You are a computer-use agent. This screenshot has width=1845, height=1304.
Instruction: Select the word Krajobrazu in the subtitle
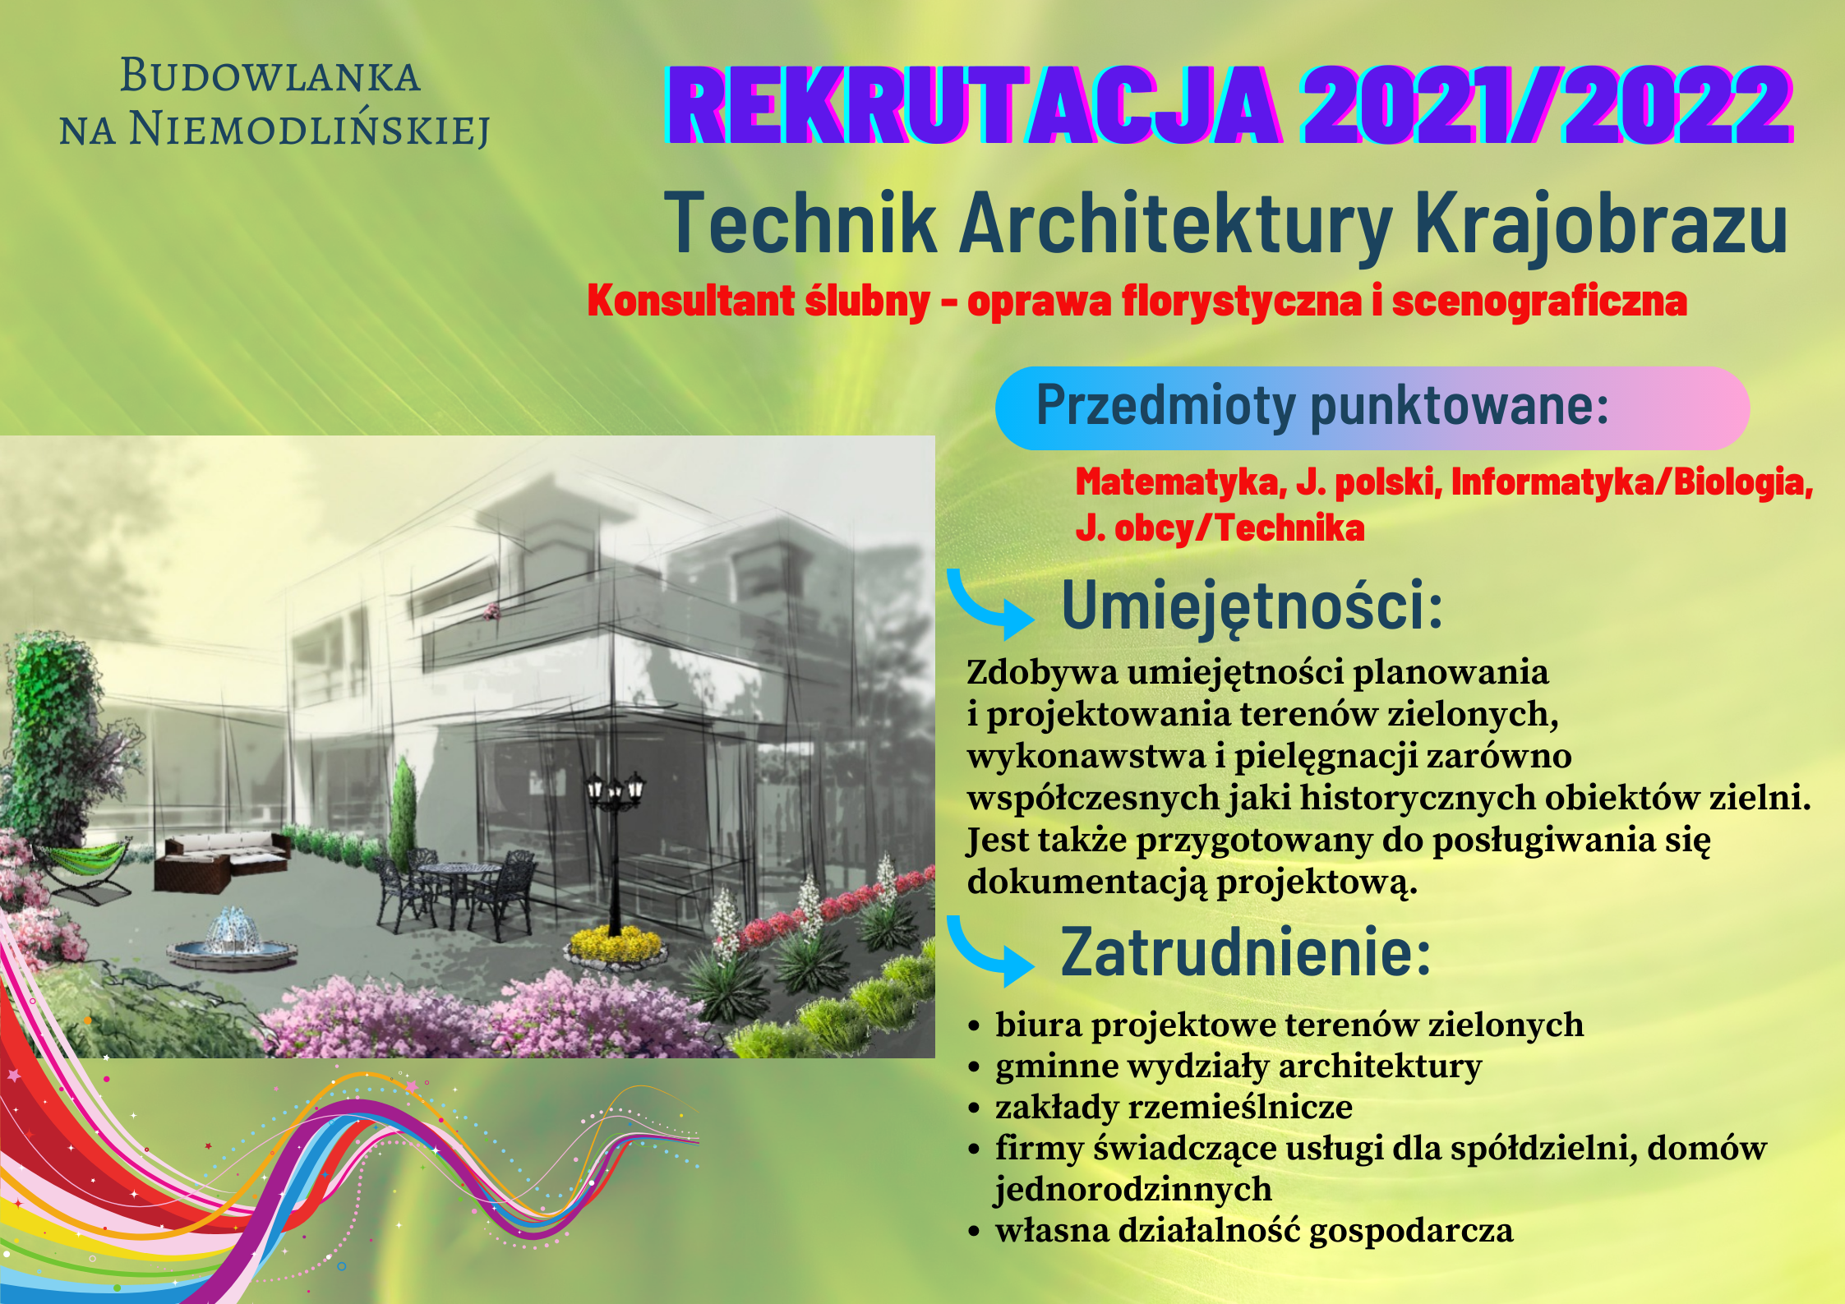1601,224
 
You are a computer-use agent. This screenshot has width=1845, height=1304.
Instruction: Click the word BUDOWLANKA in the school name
270,76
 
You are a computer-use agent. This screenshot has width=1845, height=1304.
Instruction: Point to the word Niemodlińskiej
309,130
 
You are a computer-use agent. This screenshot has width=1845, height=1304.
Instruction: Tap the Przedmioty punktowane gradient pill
1372,408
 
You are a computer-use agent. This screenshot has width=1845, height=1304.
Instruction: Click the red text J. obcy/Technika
1220,528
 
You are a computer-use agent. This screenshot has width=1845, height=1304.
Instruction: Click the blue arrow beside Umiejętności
986,609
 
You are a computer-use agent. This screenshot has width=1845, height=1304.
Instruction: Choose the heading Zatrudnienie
1246,952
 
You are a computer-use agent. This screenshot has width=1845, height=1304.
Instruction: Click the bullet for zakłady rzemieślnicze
975,1108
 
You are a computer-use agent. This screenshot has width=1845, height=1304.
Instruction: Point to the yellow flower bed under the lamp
616,945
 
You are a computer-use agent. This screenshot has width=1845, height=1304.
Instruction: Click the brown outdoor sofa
222,861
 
